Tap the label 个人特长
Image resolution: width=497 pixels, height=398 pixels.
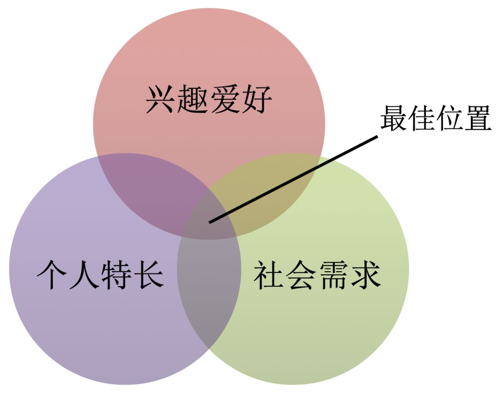tap(100, 275)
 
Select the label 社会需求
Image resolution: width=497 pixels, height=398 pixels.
tap(317, 275)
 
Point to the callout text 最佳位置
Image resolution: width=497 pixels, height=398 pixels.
tap(435, 119)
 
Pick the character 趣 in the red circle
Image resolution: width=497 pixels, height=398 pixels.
tap(193, 100)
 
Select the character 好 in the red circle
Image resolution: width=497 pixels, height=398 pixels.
tap(256, 100)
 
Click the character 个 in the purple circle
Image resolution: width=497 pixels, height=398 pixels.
tap(52, 275)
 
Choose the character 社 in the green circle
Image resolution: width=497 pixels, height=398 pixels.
tap(269, 275)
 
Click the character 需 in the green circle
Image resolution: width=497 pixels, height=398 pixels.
tap(333, 275)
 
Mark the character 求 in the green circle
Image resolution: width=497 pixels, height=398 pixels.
tap(365, 275)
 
